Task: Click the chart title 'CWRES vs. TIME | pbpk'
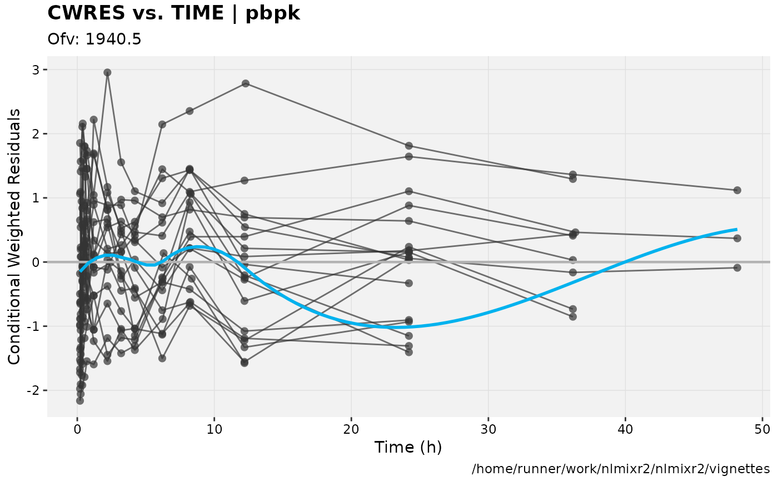(x=174, y=13)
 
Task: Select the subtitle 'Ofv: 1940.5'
(x=94, y=39)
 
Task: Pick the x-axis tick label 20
(x=351, y=429)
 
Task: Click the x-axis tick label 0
(x=77, y=429)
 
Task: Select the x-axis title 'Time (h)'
(x=408, y=448)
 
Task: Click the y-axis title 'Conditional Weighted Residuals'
(x=15, y=236)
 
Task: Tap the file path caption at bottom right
(x=621, y=469)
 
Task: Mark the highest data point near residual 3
(x=107, y=72)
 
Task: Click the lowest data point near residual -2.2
(x=80, y=400)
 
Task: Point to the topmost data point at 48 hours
(x=737, y=190)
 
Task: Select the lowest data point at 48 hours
(x=737, y=267)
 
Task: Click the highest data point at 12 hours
(x=245, y=83)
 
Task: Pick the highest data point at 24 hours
(x=409, y=146)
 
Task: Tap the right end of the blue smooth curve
(x=736, y=229)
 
